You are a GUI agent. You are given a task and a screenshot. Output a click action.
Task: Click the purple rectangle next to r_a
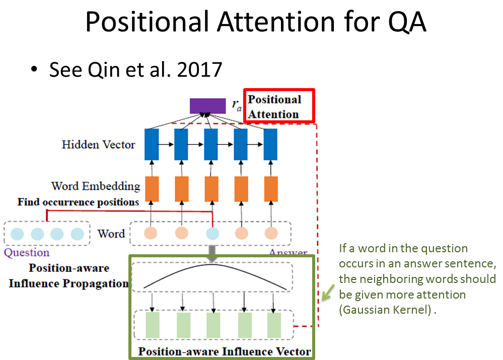click(x=207, y=105)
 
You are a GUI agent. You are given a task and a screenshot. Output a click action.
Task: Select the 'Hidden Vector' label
click(x=98, y=145)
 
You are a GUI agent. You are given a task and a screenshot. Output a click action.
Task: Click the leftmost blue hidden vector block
click(x=152, y=144)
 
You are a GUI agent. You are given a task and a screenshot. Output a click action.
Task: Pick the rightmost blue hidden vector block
click(x=270, y=144)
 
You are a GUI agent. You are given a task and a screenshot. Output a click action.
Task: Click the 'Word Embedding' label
click(x=96, y=186)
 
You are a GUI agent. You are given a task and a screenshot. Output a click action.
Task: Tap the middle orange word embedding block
click(x=211, y=188)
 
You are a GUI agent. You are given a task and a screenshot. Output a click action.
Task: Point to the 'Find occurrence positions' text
click(x=78, y=202)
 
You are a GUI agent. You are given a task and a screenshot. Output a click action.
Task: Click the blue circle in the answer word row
click(x=212, y=234)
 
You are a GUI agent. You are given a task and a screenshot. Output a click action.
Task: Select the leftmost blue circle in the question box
click(x=17, y=234)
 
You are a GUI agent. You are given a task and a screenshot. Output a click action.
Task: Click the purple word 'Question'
click(x=27, y=253)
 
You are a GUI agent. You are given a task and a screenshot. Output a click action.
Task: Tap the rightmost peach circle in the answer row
click(x=271, y=234)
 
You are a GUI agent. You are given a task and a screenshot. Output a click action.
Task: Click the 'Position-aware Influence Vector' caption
click(x=225, y=351)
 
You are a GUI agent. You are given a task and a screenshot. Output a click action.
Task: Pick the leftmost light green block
click(x=152, y=325)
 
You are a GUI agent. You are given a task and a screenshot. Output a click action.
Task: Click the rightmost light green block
click(x=274, y=325)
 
